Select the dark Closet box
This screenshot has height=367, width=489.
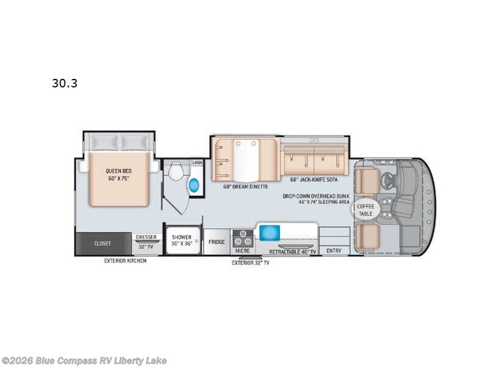[103, 243]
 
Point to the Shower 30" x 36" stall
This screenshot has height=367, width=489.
[182, 241]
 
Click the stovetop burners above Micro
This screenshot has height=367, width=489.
[243, 235]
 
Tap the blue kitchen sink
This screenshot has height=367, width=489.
[269, 232]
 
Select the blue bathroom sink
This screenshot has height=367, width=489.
[194, 185]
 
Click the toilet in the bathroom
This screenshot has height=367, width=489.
[176, 171]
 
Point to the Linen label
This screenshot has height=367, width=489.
[197, 162]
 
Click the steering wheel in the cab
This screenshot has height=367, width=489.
[388, 179]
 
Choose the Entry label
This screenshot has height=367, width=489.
[334, 250]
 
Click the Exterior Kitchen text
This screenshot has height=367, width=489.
[125, 260]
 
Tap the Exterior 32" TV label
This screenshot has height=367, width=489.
[251, 262]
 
